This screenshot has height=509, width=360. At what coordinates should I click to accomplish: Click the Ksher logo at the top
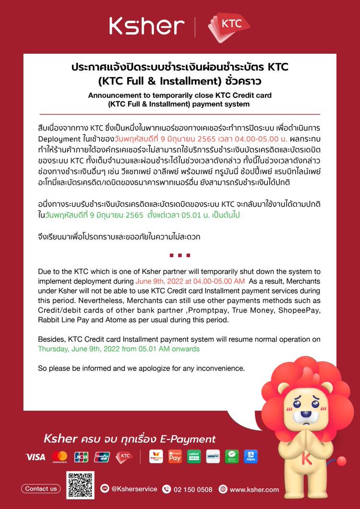click(146, 26)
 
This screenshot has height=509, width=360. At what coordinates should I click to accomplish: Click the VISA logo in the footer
click(35, 457)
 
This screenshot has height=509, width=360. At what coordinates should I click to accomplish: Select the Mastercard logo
click(60, 457)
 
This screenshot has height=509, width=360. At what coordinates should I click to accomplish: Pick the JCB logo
click(81, 457)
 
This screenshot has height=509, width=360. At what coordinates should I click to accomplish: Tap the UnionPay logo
click(102, 457)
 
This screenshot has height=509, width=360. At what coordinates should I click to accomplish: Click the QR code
click(80, 485)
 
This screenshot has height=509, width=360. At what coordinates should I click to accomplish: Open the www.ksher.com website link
click(254, 489)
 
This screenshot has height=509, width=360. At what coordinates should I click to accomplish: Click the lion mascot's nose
click(305, 414)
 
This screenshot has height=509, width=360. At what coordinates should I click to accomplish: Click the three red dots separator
click(180, 255)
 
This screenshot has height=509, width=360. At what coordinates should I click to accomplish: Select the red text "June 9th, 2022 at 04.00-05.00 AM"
click(191, 281)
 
